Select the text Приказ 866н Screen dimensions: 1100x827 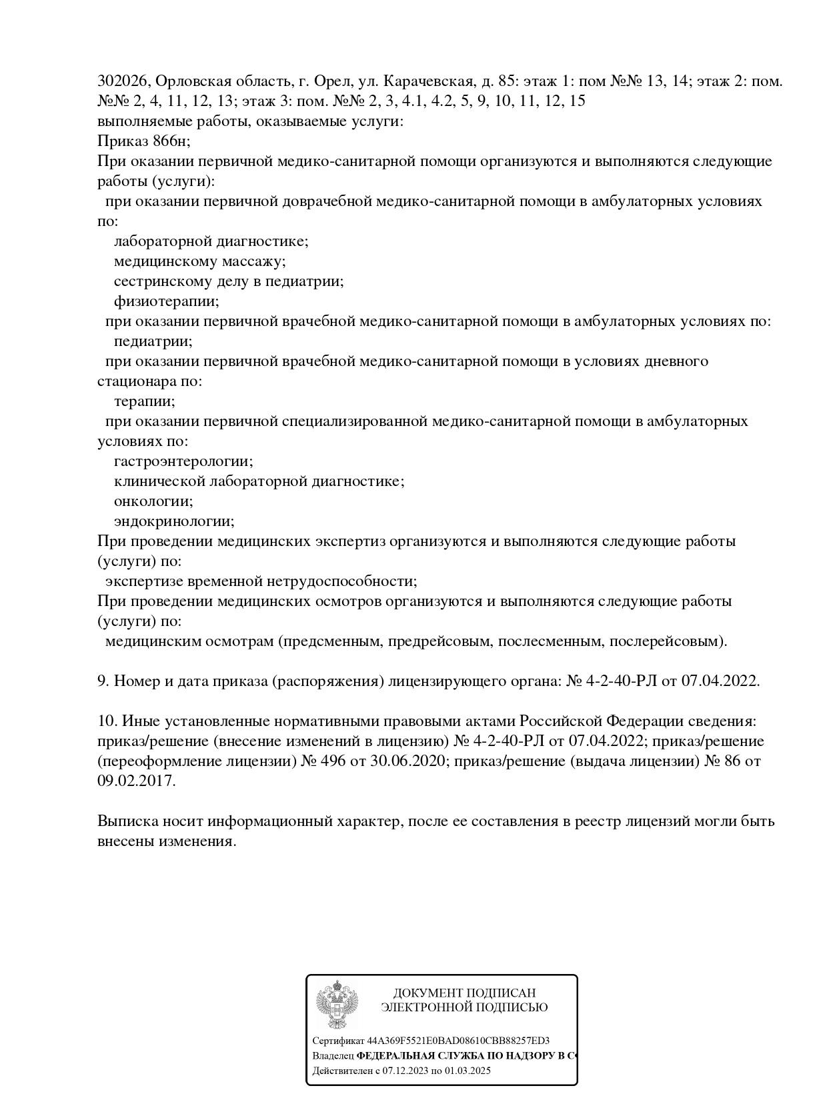click(143, 141)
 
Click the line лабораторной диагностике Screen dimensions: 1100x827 click(211, 241)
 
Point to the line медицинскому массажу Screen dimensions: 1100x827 click(199, 261)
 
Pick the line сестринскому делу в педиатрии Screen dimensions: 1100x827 click(229, 281)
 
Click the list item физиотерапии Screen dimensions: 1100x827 click(166, 301)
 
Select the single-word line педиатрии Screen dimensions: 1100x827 click(153, 341)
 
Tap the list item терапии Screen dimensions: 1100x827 click(144, 401)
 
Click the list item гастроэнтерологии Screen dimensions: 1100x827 click(183, 461)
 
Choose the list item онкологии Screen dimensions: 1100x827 click(153, 501)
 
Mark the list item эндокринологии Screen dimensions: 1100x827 click(174, 521)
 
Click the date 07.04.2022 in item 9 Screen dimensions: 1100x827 click(720, 681)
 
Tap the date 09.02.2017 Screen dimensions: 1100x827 click(136, 781)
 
